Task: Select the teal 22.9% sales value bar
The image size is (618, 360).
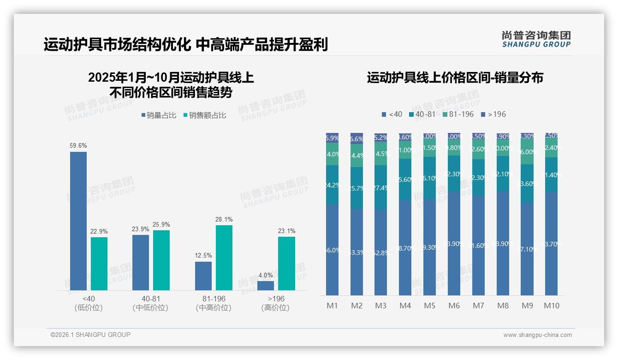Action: point(99,264)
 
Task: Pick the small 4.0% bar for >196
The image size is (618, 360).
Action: point(266,286)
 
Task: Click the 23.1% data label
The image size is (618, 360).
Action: point(286,231)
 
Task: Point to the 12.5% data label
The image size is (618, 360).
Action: point(203,255)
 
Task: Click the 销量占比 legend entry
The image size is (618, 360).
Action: point(159,115)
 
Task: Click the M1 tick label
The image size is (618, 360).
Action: point(332,306)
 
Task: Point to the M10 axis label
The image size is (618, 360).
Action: point(552,306)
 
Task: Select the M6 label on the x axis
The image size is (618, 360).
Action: point(454,306)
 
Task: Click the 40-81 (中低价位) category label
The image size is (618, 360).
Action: point(150,303)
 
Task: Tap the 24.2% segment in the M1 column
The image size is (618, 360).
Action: point(333,185)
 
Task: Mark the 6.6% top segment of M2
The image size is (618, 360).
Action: point(357,138)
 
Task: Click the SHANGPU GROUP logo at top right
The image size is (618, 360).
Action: point(536,39)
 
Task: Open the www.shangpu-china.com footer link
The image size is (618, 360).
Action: point(537,335)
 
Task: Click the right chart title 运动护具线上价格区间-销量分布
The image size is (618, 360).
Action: point(455,78)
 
